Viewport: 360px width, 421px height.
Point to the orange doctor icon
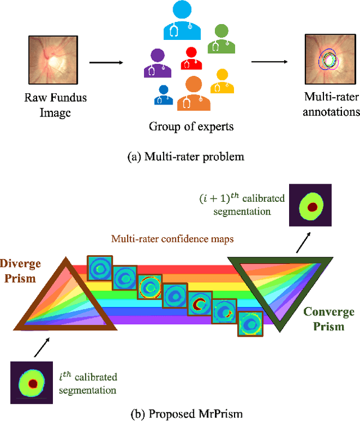point(193,93)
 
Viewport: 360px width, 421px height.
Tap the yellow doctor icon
point(222,82)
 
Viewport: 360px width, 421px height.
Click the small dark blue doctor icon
point(164,94)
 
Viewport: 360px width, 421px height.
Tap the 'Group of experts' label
point(191,126)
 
